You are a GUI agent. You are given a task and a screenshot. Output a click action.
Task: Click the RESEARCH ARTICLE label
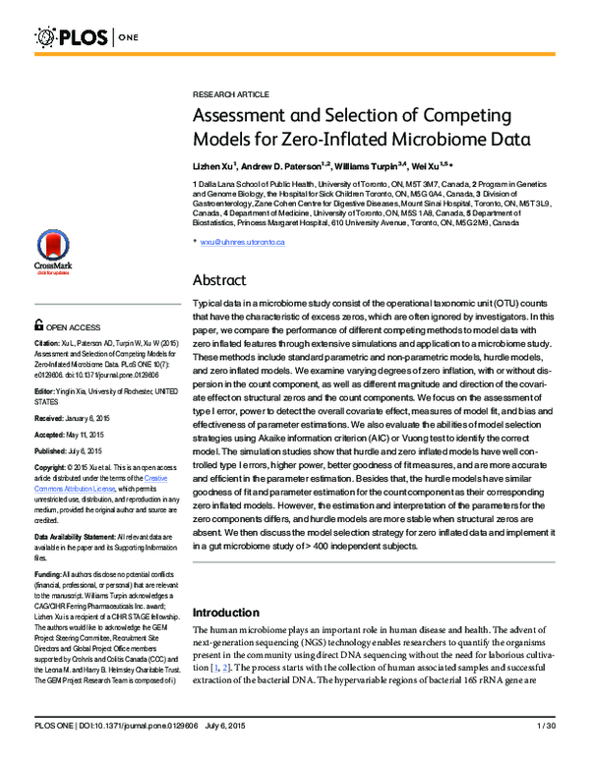229,93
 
